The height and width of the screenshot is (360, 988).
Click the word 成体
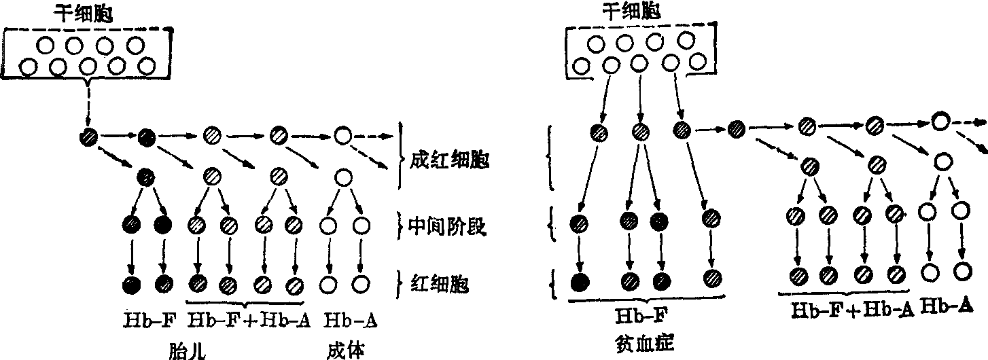coord(346,350)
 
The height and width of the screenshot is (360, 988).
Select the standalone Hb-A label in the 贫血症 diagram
coord(944,307)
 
